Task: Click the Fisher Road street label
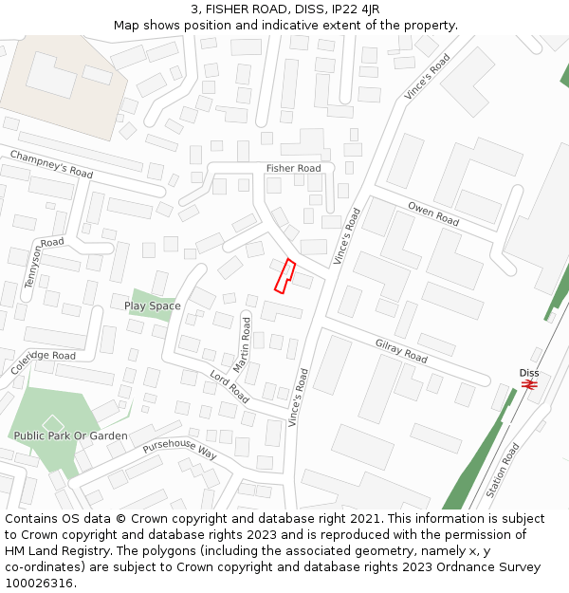point(293,168)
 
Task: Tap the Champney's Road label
point(52,163)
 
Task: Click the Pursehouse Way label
point(180,450)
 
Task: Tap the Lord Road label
point(229,386)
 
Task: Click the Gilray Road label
point(401,352)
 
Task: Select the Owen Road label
point(433,213)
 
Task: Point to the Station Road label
point(503,471)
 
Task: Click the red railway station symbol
point(529,385)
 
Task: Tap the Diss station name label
point(529,372)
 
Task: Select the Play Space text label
point(152,306)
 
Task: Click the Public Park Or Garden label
point(70,435)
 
